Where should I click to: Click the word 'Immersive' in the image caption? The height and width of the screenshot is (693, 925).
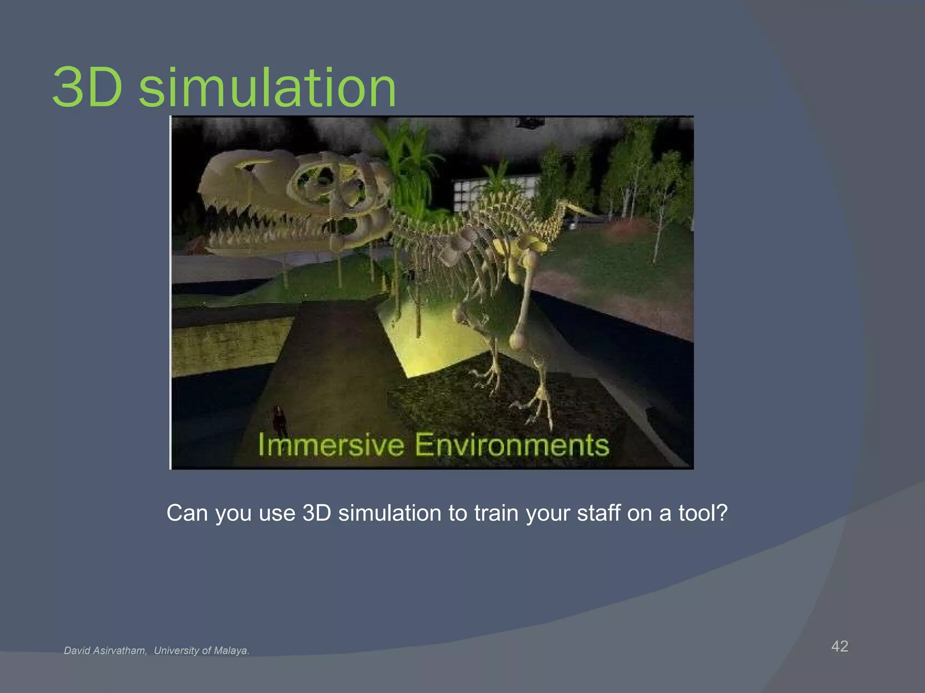(331, 445)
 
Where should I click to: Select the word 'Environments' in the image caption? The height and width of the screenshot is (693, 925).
(512, 445)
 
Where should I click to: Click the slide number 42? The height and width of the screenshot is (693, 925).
(840, 646)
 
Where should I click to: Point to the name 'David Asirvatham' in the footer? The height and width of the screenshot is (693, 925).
(105, 651)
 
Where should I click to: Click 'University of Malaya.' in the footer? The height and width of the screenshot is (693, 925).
(201, 651)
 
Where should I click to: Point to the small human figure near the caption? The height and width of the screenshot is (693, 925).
(279, 420)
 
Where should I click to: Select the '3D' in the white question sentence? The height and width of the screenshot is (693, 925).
(317, 513)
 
